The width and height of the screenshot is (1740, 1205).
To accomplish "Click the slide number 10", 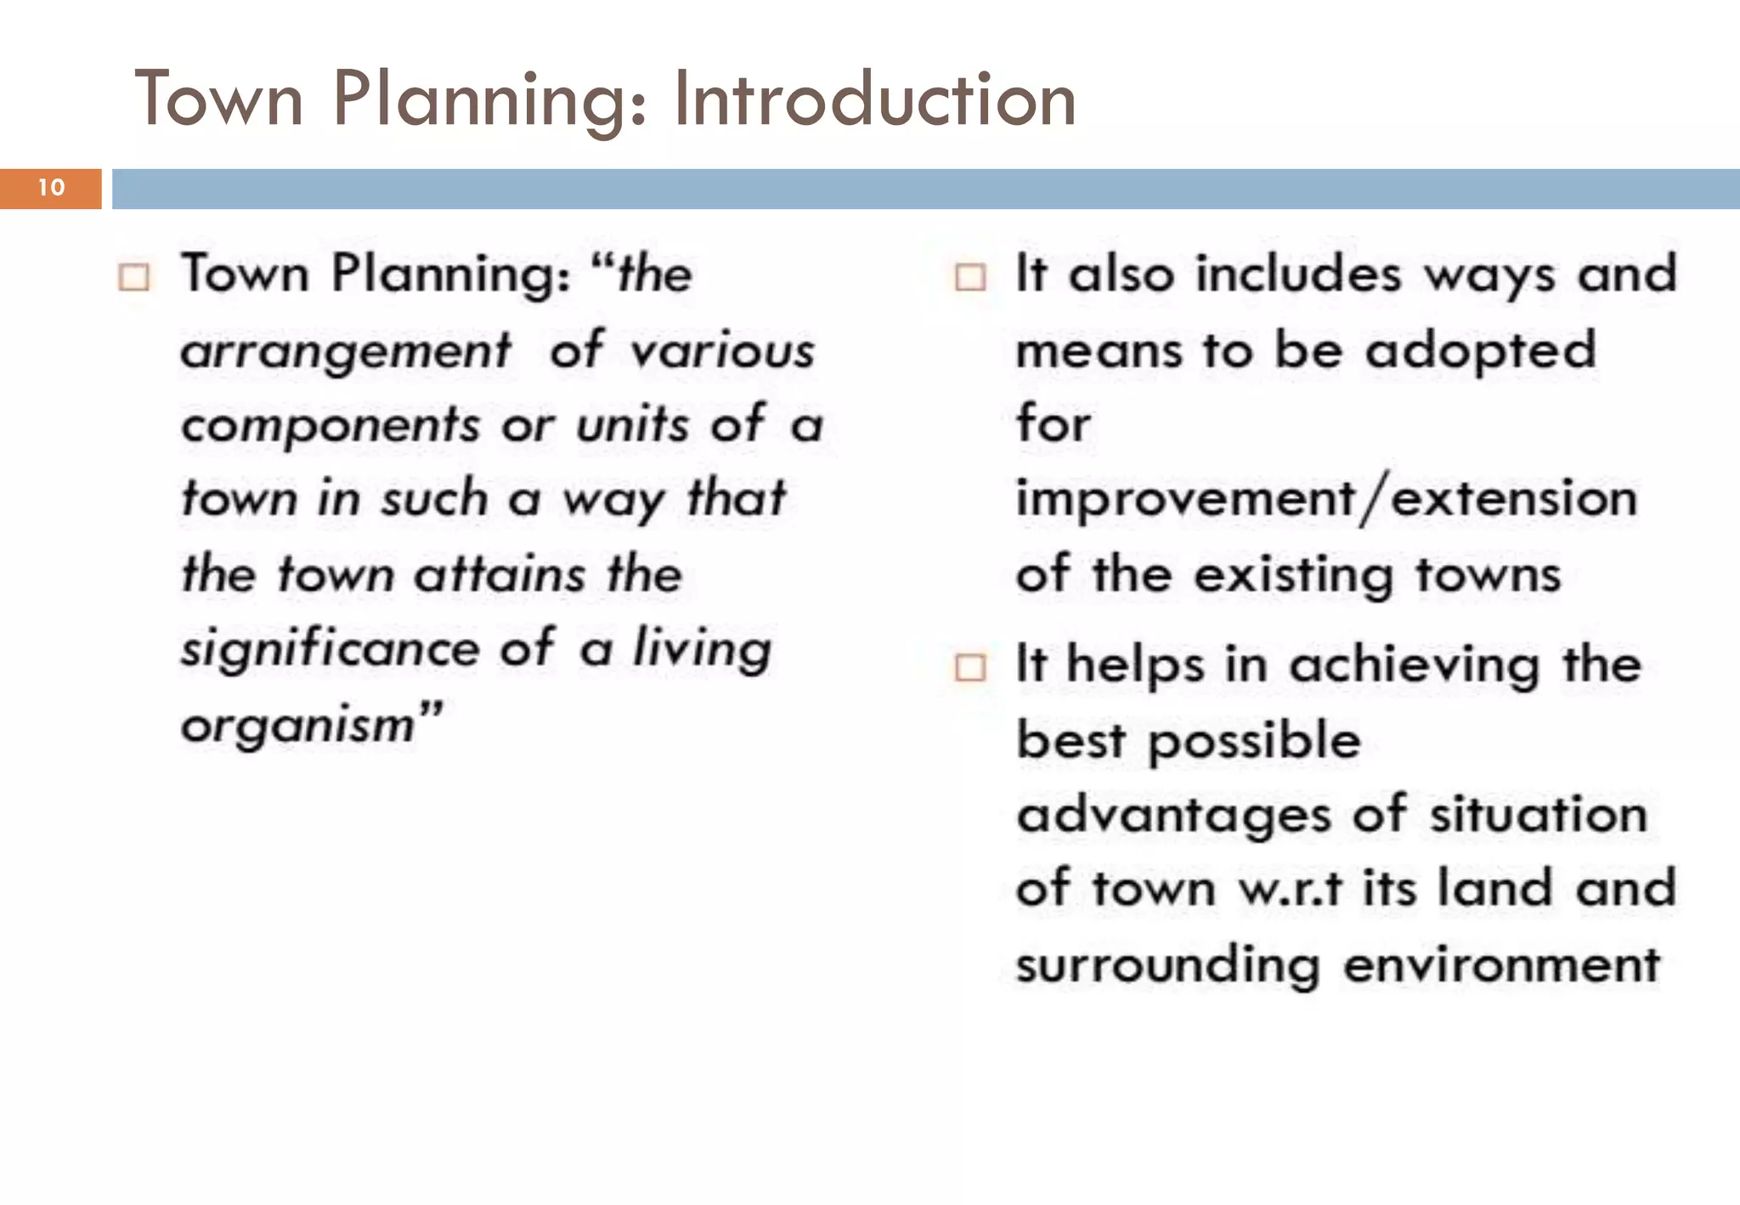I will pyautogui.click(x=51, y=188).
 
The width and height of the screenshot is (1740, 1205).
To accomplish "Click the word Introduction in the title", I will pyautogui.click(x=874, y=100).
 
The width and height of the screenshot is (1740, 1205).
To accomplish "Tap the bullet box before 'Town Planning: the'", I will pyautogui.click(x=134, y=277).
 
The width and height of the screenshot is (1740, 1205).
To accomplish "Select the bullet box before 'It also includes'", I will pyautogui.click(x=970, y=277).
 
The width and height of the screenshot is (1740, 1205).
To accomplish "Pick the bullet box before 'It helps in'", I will pyautogui.click(x=970, y=667).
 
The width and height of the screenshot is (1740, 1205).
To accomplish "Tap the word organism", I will pyautogui.click(x=297, y=726).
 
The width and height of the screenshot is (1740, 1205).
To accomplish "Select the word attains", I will pyautogui.click(x=500, y=574).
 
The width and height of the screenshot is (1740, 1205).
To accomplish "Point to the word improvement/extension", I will pyautogui.click(x=1326, y=500).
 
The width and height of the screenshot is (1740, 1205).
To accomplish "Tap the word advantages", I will pyautogui.click(x=1173, y=816).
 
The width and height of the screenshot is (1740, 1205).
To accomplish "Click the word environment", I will pyautogui.click(x=1501, y=965).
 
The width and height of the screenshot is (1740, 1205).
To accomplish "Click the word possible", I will pyautogui.click(x=1254, y=741).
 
